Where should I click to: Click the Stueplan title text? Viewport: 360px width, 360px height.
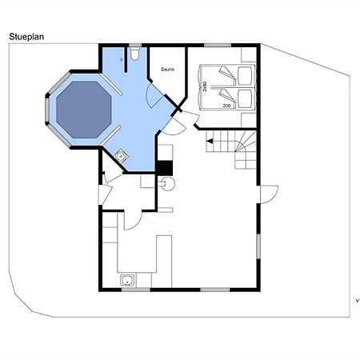[26, 37]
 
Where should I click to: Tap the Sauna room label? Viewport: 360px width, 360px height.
[167, 70]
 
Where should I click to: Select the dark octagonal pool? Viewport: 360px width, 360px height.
[84, 110]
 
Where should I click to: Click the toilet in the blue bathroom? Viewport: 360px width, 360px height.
[135, 54]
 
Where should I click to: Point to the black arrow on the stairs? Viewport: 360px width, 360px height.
[210, 141]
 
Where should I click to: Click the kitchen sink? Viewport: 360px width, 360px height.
[128, 281]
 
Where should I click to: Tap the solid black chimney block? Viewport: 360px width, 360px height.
[165, 168]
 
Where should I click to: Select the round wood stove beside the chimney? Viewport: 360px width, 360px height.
[167, 184]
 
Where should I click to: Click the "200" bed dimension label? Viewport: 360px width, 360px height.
[226, 106]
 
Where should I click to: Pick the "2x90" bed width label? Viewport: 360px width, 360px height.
[205, 86]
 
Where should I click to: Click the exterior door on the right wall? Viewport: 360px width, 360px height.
[269, 194]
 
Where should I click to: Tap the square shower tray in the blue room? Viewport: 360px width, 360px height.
[121, 156]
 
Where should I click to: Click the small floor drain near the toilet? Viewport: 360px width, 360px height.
[122, 59]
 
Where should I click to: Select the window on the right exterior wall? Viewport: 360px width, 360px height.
[258, 246]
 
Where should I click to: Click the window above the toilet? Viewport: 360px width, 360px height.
[135, 46]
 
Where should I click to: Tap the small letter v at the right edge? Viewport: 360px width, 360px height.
[358, 301]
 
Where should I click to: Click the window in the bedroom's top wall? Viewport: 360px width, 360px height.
[218, 46]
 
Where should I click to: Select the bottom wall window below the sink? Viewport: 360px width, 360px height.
[136, 290]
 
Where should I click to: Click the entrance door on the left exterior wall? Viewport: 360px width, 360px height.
[105, 194]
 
